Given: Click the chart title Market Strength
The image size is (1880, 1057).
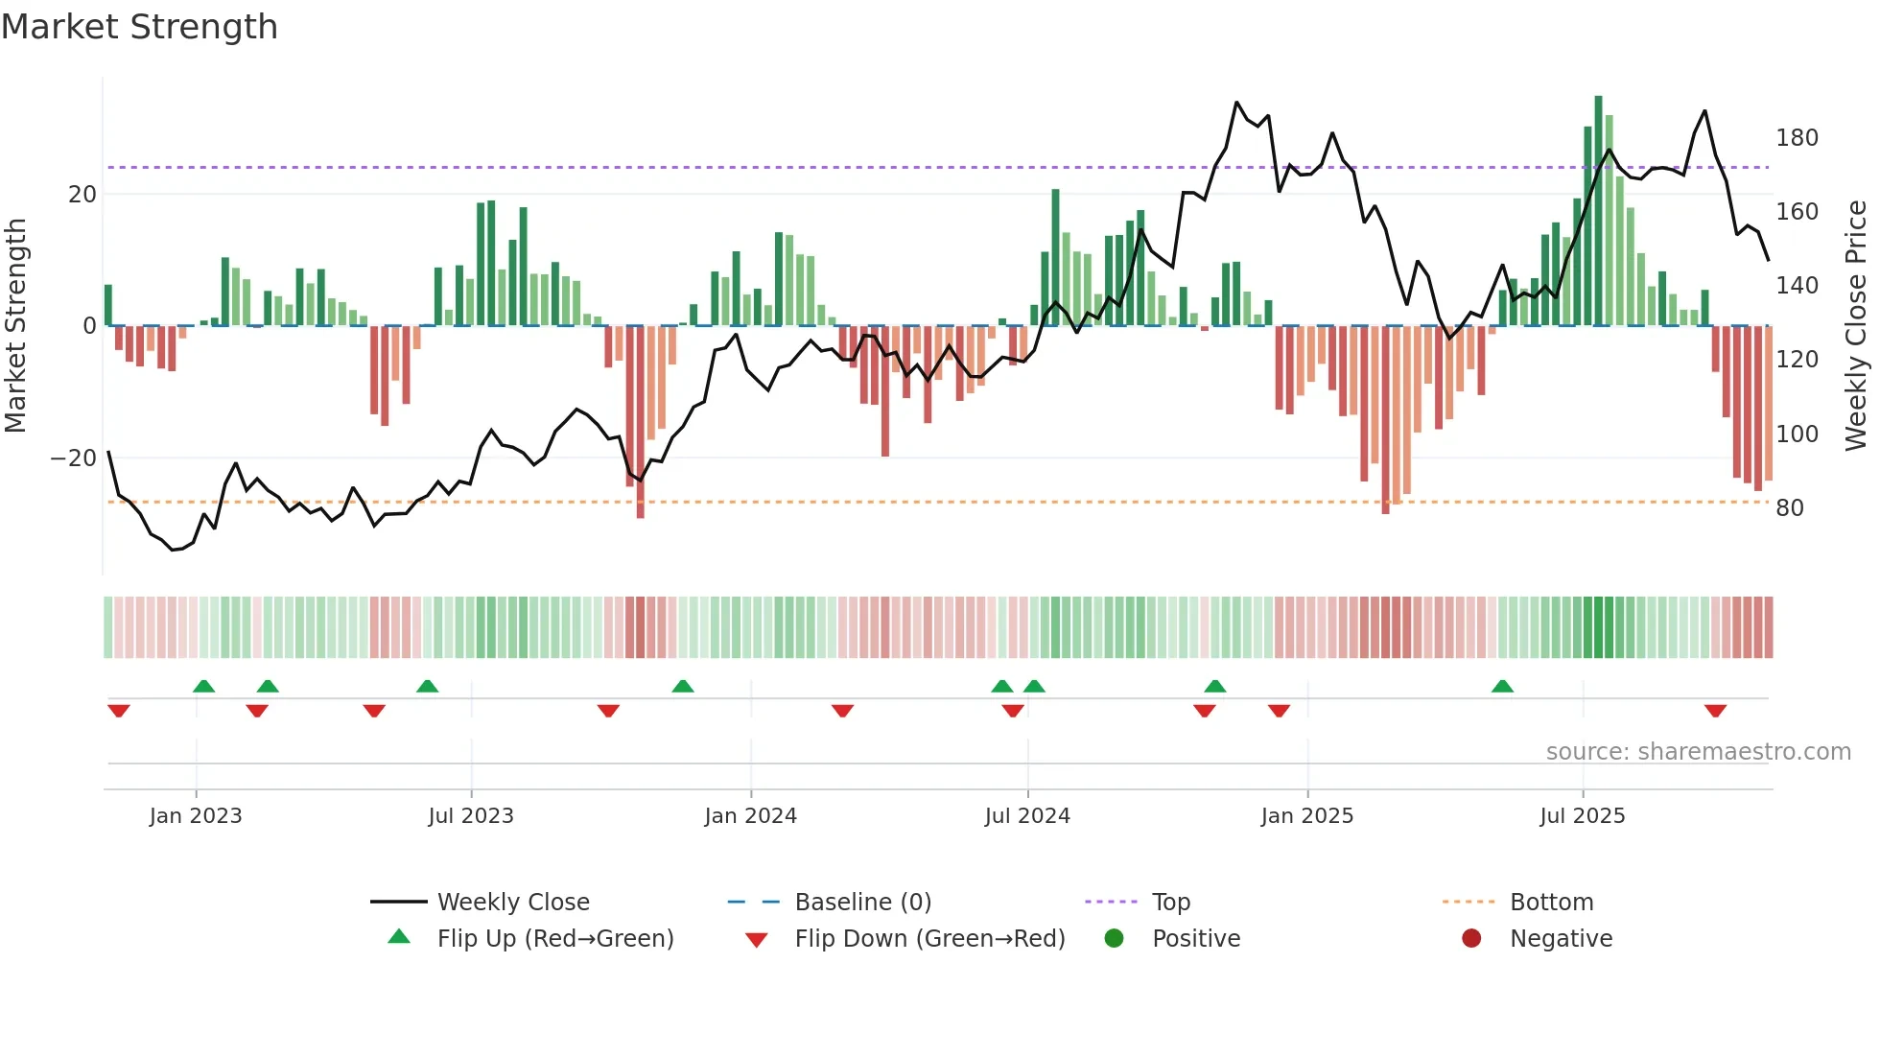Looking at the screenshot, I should [x=139, y=27].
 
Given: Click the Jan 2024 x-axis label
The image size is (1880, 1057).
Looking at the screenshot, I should [x=750, y=816].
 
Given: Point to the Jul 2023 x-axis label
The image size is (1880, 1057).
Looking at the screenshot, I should [x=471, y=816].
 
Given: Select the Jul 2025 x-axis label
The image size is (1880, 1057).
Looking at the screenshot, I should [x=1582, y=816].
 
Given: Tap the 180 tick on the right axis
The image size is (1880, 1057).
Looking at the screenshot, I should [x=1796, y=138].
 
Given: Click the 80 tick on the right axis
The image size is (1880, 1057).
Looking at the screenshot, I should [x=1789, y=508].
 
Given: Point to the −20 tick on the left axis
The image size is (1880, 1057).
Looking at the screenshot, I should [x=74, y=458].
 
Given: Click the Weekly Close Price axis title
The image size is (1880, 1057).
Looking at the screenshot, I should [x=1856, y=326].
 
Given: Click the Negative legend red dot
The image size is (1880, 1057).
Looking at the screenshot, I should [x=1470, y=939].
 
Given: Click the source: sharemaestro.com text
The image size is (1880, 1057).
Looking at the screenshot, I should [x=1698, y=752].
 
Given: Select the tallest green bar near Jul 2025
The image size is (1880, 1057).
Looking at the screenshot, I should [x=1598, y=211].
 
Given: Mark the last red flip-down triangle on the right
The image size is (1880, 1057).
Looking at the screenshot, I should [x=1715, y=711].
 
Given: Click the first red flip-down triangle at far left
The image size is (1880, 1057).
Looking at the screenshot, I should [x=119, y=711].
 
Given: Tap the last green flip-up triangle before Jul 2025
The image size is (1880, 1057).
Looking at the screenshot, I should [x=1502, y=686].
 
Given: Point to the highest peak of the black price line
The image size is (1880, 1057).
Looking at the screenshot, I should [x=1236, y=103].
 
